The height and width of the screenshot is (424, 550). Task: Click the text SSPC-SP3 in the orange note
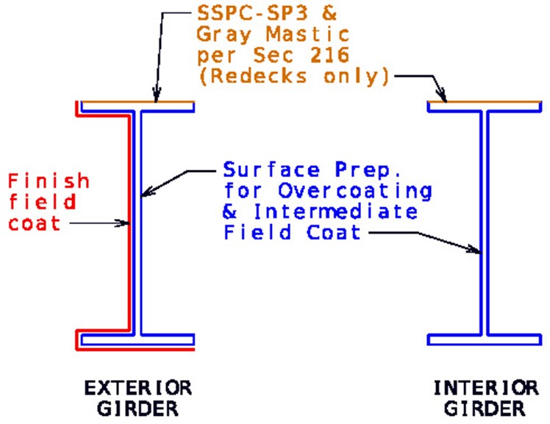(x=252, y=13)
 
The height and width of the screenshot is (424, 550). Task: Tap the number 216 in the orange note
(x=329, y=55)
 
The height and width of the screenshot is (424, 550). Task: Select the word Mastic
(x=307, y=35)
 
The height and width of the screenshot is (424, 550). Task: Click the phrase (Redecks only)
(x=294, y=76)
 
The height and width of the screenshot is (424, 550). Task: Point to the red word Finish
(x=49, y=181)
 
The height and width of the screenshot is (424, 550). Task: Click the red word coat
(x=34, y=223)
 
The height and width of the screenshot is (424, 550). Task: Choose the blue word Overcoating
(x=355, y=191)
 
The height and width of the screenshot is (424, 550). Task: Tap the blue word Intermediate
(x=335, y=212)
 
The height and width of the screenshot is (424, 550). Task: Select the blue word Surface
(x=271, y=169)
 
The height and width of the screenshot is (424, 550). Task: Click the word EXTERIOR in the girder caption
(x=138, y=388)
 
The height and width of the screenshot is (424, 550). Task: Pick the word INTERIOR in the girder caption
(x=486, y=388)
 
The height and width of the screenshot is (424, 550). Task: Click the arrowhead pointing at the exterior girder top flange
(x=157, y=96)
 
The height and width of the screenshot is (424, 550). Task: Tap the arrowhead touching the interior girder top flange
(x=442, y=96)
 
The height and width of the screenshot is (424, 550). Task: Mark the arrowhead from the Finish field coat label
(x=124, y=223)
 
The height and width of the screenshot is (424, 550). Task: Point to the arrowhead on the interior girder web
(x=474, y=250)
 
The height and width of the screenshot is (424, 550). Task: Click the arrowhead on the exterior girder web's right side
(x=147, y=191)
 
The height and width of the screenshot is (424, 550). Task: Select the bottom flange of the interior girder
(x=485, y=339)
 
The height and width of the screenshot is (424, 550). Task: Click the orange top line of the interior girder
(x=485, y=102)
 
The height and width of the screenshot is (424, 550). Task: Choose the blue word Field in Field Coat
(x=257, y=232)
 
